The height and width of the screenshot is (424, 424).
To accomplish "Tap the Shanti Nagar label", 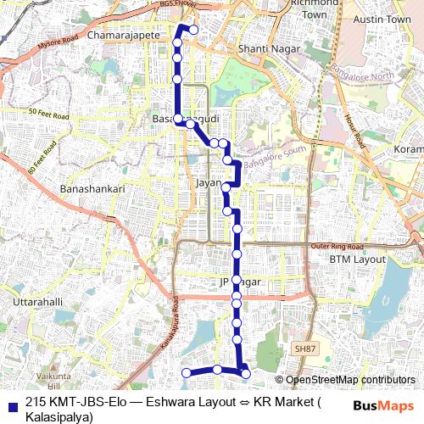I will [x=266, y=50].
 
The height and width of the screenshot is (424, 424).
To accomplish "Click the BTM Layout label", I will [x=357, y=259].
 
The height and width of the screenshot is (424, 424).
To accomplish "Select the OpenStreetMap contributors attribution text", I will [x=350, y=380].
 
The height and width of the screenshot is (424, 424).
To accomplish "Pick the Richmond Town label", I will [x=314, y=8].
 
